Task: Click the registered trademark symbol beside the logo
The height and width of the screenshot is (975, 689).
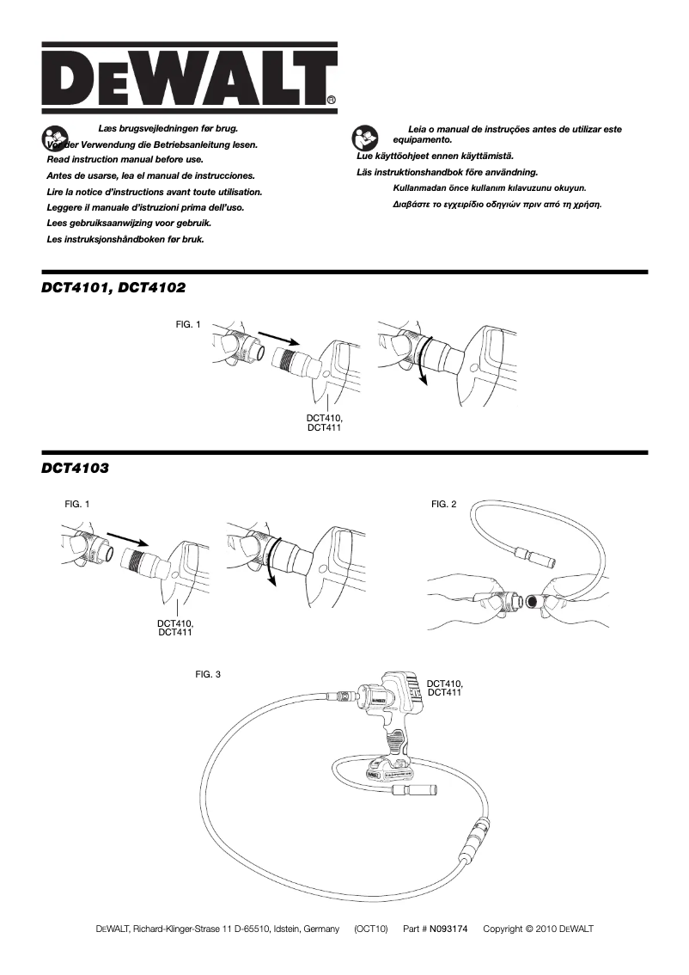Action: [332, 101]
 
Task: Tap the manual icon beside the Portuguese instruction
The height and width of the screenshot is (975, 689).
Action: [363, 138]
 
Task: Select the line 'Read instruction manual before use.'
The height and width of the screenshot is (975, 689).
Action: [125, 160]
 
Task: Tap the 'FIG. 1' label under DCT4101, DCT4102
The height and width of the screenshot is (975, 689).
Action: [187, 325]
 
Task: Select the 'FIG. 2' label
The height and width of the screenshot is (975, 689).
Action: [443, 504]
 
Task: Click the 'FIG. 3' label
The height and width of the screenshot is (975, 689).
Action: [208, 674]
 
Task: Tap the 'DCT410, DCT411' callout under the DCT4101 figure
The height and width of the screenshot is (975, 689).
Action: [325, 422]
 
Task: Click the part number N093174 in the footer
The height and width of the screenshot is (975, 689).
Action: [448, 929]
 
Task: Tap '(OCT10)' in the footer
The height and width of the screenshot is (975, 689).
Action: [371, 929]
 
